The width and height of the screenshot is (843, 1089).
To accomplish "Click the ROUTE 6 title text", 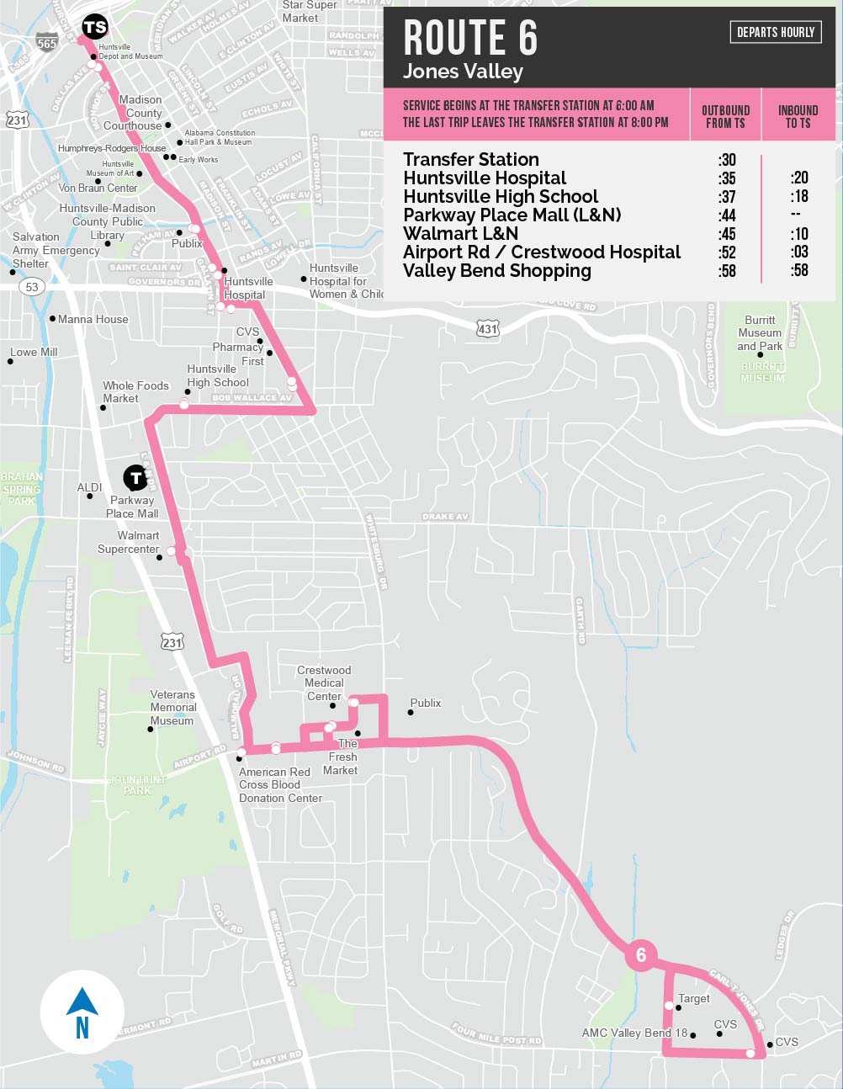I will (x=470, y=39).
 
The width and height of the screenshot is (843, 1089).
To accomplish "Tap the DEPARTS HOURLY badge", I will (x=776, y=32).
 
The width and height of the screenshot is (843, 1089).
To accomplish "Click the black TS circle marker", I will (x=95, y=27).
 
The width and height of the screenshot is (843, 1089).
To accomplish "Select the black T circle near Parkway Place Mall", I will (x=135, y=478).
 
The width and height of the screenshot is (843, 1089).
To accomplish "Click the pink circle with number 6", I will (x=641, y=955).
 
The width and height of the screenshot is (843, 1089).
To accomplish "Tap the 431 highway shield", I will (x=487, y=328).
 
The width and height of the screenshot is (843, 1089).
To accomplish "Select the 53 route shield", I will (x=31, y=287).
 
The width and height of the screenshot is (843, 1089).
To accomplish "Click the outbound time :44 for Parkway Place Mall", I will (x=727, y=215).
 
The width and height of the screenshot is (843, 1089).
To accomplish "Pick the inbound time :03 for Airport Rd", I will (x=798, y=252).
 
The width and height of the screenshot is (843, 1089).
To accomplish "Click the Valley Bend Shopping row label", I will (x=496, y=271).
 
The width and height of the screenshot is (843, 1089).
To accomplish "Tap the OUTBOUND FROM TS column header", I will (x=725, y=116).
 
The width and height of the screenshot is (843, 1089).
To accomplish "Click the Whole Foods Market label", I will (x=135, y=391).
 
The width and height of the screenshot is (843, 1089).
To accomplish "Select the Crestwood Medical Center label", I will (x=324, y=683).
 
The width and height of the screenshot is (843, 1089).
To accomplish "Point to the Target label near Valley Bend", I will (x=694, y=998).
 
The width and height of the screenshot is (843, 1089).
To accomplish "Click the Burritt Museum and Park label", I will (x=760, y=332).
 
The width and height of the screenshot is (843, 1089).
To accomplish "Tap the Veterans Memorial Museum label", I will (x=172, y=707).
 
